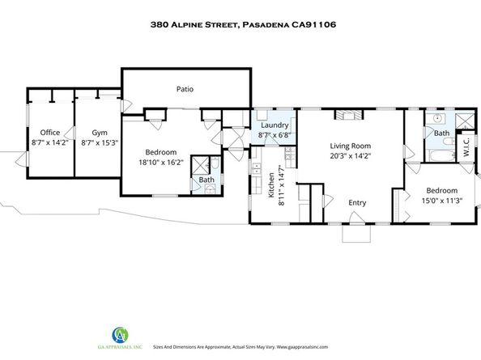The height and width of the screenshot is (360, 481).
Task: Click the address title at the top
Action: pos(242,25)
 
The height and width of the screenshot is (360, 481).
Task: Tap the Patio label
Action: pos(185,89)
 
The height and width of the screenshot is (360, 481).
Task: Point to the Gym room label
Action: pos(99,132)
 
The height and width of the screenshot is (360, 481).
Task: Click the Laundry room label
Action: pos(275,125)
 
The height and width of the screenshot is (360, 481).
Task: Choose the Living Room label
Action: pos(350,147)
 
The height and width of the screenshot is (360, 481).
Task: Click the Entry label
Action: pos(358,202)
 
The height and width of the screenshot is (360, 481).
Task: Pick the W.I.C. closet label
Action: pos(466,148)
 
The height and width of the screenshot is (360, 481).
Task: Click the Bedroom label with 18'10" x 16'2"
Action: pos(164,151)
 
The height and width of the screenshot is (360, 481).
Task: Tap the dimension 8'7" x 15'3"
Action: pos(99,142)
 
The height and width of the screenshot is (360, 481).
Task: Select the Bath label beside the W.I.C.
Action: pos(441,133)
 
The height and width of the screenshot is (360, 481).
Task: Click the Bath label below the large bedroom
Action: pos(206,180)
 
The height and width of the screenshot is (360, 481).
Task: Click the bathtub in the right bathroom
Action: pos(440,151)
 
